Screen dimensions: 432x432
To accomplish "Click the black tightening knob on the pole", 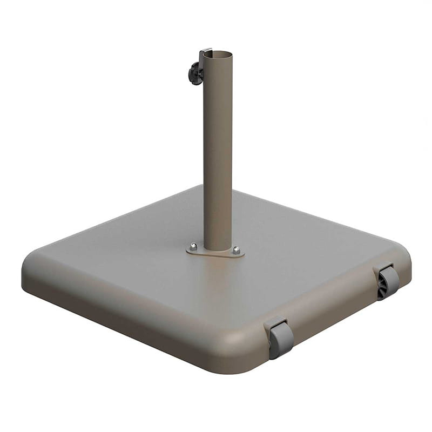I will click(x=195, y=73).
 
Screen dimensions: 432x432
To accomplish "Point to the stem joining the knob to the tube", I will click(x=201, y=74).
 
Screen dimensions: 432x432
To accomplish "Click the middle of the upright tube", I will click(x=218, y=151).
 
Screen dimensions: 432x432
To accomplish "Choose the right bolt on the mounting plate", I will click(x=236, y=250).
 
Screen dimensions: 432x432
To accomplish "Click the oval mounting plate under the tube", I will click(x=216, y=252).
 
